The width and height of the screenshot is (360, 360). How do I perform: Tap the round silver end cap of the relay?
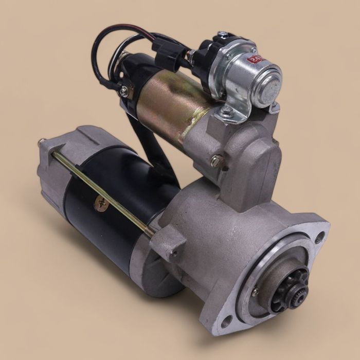pos(268,82)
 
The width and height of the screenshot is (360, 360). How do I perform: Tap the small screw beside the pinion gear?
pos(256,293)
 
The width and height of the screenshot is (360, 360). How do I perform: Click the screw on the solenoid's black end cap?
pos(123,92)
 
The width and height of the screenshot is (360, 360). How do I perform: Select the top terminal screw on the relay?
pos(223,35)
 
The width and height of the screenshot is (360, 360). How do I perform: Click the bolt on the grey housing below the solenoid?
pos(217,160)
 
